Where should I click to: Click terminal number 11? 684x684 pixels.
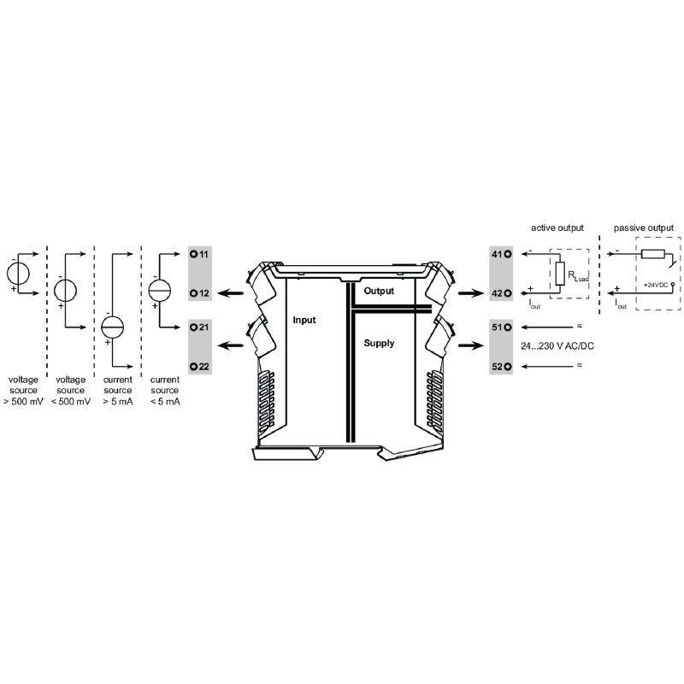pyautogui.click(x=203, y=255)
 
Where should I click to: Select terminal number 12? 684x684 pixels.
pyautogui.click(x=203, y=292)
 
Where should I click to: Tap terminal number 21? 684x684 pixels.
pyautogui.click(x=203, y=327)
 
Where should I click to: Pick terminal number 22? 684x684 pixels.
pyautogui.click(x=203, y=366)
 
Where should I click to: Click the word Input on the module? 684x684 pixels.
pyautogui.click(x=304, y=321)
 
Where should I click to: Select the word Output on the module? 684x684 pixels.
pyautogui.click(x=379, y=291)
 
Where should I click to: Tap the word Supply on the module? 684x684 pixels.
pyautogui.click(x=379, y=343)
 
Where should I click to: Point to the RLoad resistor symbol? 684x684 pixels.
pyautogui.click(x=560, y=274)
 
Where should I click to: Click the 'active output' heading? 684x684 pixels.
pyautogui.click(x=557, y=228)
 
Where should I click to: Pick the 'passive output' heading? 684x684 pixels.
pyautogui.click(x=643, y=228)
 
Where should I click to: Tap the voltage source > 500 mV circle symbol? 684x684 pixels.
pyautogui.click(x=18, y=274)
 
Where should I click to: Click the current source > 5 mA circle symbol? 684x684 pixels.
pyautogui.click(x=113, y=328)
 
